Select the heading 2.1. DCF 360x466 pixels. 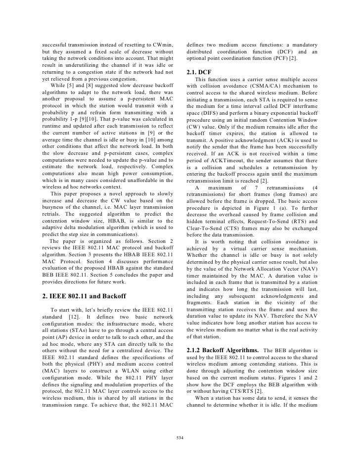(198, 73)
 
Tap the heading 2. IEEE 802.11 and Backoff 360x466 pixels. (85, 296)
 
